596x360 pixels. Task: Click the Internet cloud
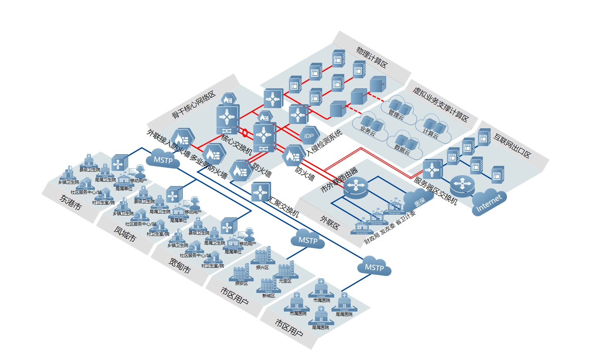489,202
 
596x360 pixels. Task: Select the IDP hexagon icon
309,136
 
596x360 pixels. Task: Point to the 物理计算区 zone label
372,58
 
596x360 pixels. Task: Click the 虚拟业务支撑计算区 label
441,105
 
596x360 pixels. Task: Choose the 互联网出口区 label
512,145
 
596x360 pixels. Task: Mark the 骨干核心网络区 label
194,105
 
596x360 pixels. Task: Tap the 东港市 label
70,202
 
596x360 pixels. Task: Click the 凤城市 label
125,234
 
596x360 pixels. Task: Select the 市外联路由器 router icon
356,187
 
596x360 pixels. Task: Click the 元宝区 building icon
286,269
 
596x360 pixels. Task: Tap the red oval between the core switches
245,133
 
